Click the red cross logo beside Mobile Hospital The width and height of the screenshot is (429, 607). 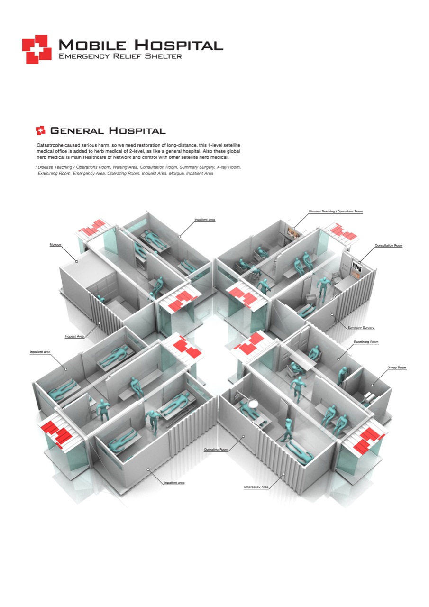point(36,49)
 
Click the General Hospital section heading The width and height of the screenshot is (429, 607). point(108,131)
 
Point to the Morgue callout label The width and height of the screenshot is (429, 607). point(55,245)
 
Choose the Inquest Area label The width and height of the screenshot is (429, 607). point(74,337)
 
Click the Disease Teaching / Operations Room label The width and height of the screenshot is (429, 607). point(336,211)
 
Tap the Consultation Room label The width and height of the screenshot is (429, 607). point(388,246)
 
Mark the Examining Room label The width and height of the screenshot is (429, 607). point(366,342)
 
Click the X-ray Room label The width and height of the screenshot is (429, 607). point(397,368)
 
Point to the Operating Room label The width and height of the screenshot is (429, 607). point(217,449)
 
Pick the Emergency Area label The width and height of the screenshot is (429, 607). point(256,487)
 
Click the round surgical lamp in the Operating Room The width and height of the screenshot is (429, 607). point(253,404)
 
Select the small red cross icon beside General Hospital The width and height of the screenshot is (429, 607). point(40,130)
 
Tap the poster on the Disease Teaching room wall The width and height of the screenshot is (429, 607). point(291,232)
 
